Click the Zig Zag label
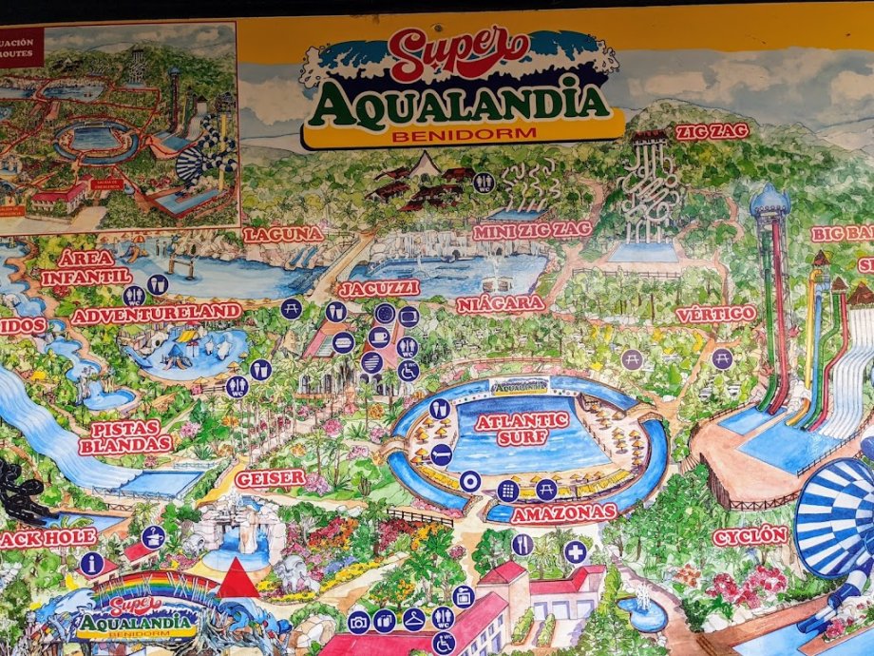(712, 131)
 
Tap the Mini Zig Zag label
(532, 230)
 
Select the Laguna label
(284, 234)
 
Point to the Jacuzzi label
(378, 287)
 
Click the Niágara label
(500, 304)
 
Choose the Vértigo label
(715, 313)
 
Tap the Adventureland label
(157, 313)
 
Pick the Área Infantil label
(85, 267)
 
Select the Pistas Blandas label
(125, 436)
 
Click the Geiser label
(270, 478)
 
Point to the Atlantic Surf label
(522, 428)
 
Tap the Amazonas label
(563, 513)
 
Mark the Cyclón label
(750, 535)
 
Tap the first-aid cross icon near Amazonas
(575, 551)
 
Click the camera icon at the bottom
(358, 622)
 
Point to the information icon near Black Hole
(91, 563)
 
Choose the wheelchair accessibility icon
(408, 372)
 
